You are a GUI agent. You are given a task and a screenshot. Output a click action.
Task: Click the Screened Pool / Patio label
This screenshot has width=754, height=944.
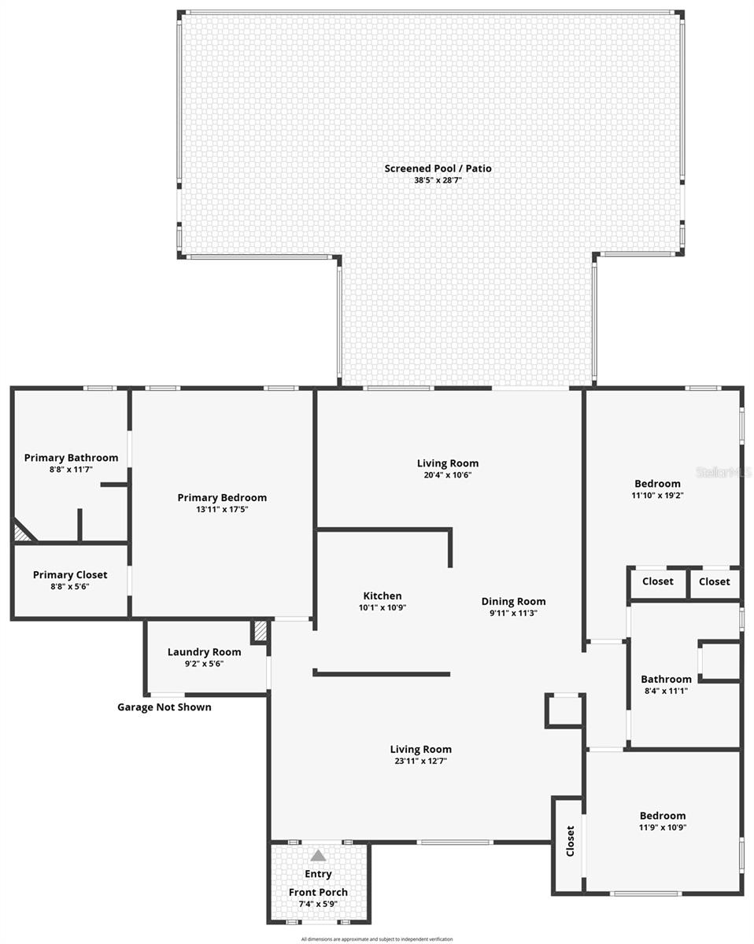click(438, 168)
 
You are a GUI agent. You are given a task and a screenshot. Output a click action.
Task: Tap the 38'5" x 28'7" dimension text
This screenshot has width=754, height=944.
click(438, 180)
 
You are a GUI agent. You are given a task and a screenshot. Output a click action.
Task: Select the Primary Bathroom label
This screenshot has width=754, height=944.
click(71, 458)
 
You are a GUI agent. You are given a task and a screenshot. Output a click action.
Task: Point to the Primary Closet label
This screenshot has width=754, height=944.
click(70, 575)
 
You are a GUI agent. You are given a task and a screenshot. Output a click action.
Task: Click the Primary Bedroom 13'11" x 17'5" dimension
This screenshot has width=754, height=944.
click(222, 510)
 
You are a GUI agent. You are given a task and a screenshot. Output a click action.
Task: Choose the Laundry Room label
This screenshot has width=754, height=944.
click(204, 652)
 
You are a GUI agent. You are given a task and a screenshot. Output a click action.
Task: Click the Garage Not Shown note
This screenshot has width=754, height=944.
click(164, 707)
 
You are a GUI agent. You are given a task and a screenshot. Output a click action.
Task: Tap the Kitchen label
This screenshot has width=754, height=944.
click(382, 596)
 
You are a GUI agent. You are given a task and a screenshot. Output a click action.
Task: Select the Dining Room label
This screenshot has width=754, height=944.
click(513, 602)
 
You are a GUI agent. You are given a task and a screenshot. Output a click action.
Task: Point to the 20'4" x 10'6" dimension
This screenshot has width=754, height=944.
click(447, 475)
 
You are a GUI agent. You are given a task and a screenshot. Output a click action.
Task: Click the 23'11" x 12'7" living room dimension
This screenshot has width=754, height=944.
click(421, 761)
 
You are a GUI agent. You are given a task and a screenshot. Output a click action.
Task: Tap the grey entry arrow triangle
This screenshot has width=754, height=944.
click(318, 856)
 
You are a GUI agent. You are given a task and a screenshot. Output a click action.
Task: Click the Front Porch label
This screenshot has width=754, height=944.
click(318, 892)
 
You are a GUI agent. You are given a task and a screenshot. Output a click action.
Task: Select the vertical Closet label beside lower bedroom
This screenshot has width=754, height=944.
click(570, 841)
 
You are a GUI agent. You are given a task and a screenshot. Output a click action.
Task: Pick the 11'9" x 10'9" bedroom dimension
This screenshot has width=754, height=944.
click(662, 828)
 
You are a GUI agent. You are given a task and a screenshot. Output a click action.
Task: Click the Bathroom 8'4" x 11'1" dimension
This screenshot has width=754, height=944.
click(666, 691)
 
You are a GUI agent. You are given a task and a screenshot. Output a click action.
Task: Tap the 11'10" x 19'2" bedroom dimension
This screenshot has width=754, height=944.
click(657, 496)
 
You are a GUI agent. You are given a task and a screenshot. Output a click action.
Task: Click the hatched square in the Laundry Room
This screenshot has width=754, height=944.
click(260, 632)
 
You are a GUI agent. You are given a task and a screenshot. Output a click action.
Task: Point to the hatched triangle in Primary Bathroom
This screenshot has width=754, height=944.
click(23, 533)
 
